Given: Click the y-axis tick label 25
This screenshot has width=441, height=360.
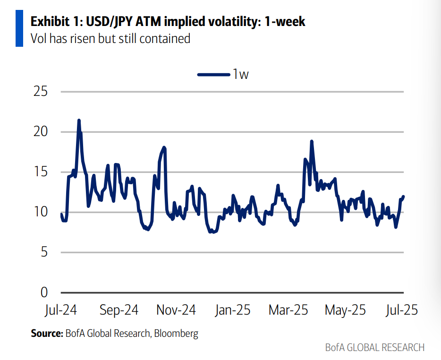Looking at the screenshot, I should click(41, 91).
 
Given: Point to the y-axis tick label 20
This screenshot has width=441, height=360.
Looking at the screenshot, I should click(41, 131).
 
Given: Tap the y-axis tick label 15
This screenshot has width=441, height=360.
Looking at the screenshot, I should click(41, 172).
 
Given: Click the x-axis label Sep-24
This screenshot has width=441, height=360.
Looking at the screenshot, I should click(119, 310).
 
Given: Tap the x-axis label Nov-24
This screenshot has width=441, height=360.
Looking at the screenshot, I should click(176, 310).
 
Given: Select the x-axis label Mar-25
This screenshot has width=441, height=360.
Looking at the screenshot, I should click(288, 310).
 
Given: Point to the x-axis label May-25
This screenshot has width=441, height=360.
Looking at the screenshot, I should click(345, 310).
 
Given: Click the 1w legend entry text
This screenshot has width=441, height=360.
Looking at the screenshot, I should click(240, 74).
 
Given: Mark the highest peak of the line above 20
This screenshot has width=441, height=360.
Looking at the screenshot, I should click(79, 120).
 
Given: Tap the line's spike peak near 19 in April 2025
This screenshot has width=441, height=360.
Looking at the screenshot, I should click(312, 141).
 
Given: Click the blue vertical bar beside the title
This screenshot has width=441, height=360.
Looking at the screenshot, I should click(19, 28).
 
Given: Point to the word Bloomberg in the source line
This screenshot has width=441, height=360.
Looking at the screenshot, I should click(175, 334).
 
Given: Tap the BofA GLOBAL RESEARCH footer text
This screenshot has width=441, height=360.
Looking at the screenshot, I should click(374, 348).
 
